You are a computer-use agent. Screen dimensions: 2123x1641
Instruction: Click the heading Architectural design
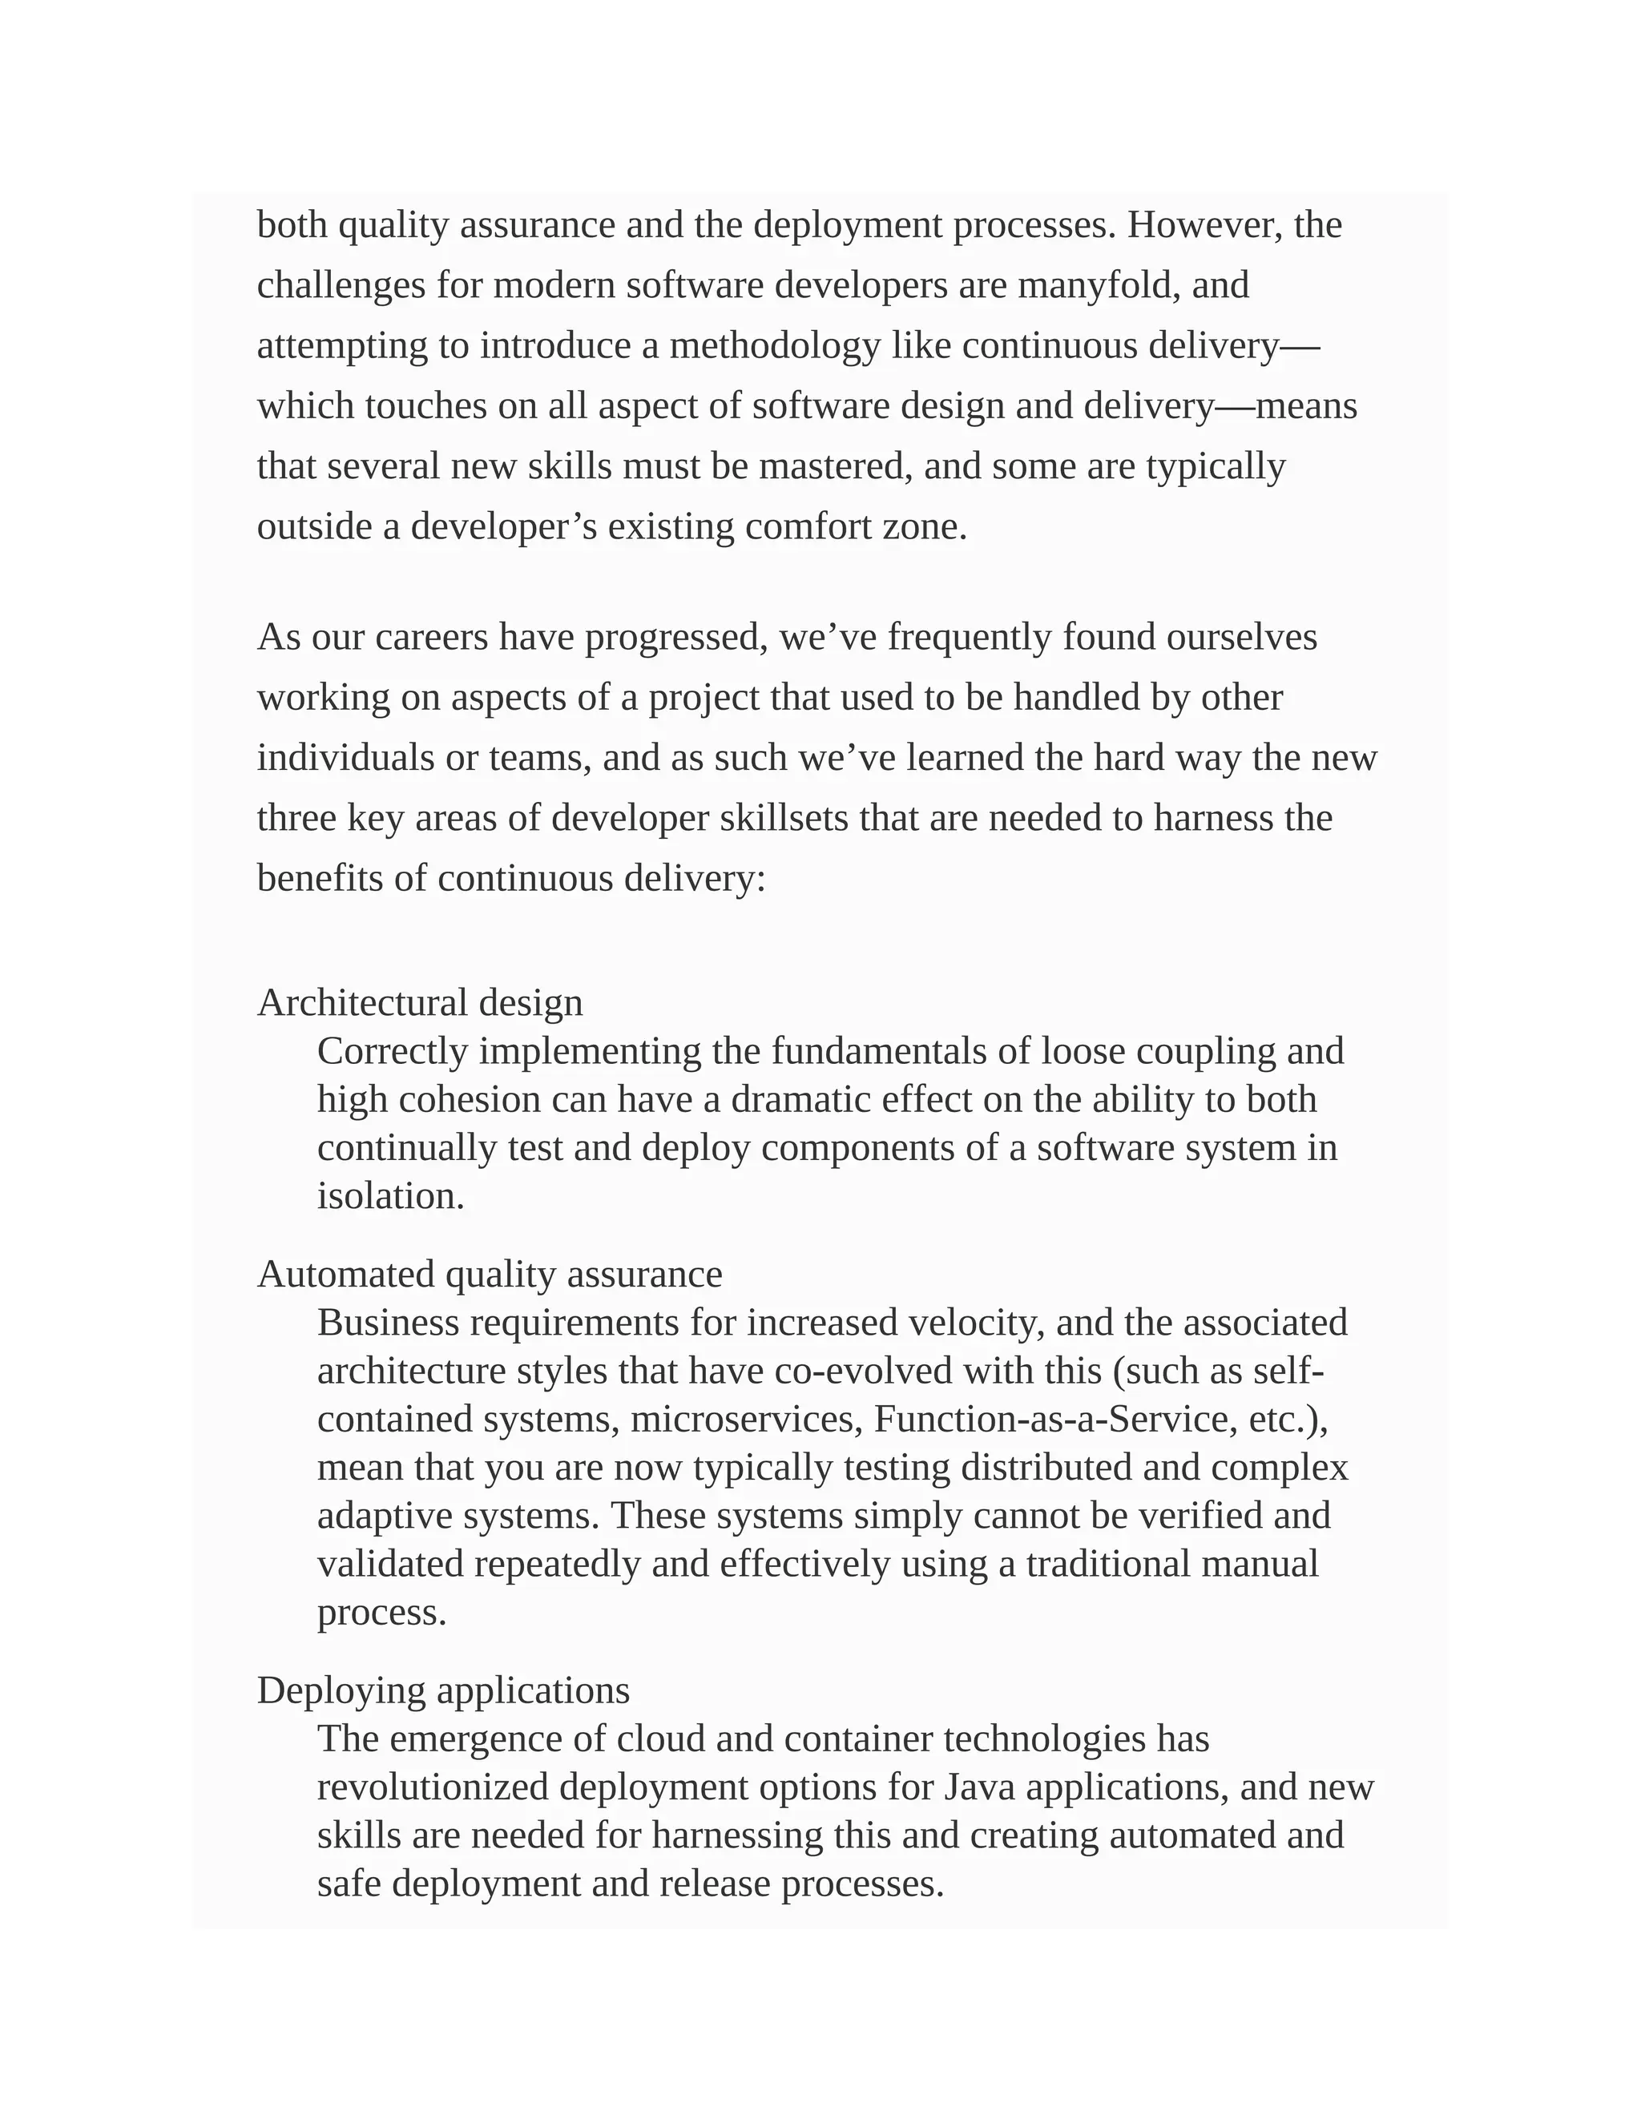point(420,1002)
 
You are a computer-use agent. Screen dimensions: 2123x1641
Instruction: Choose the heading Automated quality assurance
point(490,1275)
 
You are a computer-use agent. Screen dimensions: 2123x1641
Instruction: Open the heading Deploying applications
point(443,1690)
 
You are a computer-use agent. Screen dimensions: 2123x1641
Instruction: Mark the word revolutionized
point(433,1787)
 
